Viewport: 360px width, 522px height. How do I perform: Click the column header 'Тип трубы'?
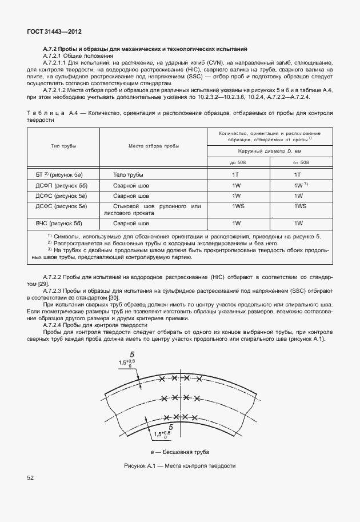coord(64,146)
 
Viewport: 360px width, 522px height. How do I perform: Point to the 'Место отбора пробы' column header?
coord(153,146)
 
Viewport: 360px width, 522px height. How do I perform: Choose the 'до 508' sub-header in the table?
coord(235,162)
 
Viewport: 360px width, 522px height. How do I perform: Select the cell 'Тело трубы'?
coord(128,174)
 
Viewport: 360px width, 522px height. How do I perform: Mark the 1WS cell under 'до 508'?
coord(235,206)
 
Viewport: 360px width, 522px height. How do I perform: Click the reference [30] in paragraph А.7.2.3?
coord(113,298)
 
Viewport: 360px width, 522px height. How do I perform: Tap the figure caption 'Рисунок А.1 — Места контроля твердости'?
coord(179,466)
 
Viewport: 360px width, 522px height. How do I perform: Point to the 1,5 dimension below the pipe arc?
coord(160,435)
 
